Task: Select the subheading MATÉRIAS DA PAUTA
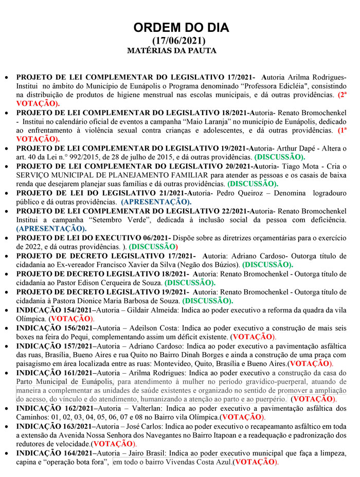click(171, 50)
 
